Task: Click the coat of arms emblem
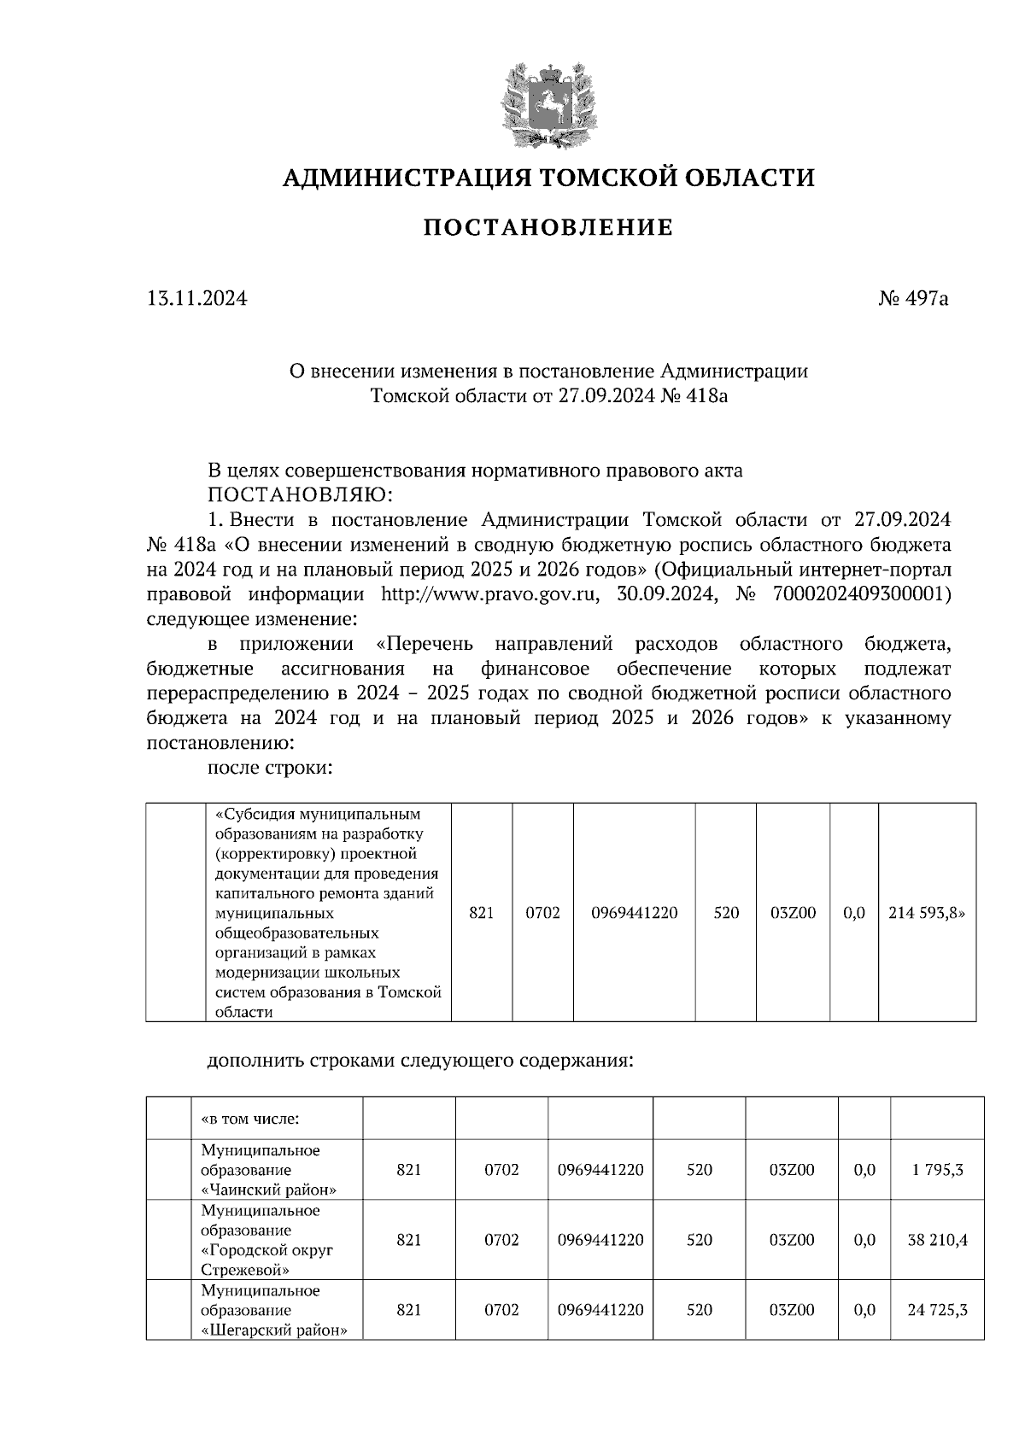click(x=548, y=103)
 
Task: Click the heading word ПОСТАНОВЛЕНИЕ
click(x=548, y=228)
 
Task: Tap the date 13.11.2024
click(x=197, y=299)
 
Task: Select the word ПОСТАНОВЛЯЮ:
click(x=302, y=494)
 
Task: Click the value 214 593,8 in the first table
click(x=927, y=913)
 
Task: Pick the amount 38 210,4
click(x=937, y=1240)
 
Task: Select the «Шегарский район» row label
click(x=274, y=1330)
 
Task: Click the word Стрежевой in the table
click(x=234, y=1270)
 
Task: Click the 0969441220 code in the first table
click(x=634, y=913)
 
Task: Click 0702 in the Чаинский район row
click(x=501, y=1170)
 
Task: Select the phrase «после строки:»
click(x=269, y=768)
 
